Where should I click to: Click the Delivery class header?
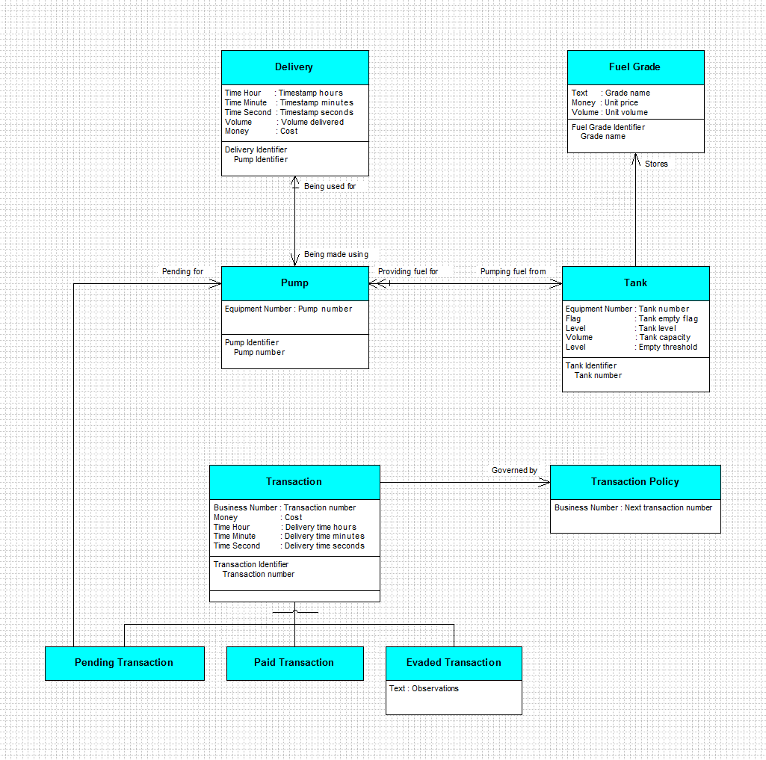click(x=294, y=67)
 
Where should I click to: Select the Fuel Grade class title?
click(x=635, y=67)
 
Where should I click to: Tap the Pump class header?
click(x=294, y=283)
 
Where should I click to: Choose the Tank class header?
click(x=635, y=283)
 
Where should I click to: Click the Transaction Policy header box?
click(x=635, y=482)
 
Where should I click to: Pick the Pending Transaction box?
click(x=125, y=664)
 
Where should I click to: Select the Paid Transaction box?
click(x=294, y=664)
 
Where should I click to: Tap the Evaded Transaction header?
click(x=454, y=664)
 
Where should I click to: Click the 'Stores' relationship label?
click(x=656, y=164)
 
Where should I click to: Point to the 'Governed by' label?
click(x=514, y=470)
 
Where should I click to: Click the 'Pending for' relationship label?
click(x=182, y=271)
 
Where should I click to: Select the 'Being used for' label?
click(x=330, y=187)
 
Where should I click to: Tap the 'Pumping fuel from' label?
click(x=513, y=271)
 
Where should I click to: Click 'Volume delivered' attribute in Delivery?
click(x=312, y=122)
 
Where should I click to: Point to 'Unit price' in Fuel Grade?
click(x=622, y=102)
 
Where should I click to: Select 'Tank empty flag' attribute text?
click(x=668, y=318)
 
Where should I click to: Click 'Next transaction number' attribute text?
click(x=668, y=508)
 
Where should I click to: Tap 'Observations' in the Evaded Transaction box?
click(x=435, y=689)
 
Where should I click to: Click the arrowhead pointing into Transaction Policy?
click(x=544, y=483)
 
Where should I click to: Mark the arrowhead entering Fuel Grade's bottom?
click(x=635, y=159)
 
